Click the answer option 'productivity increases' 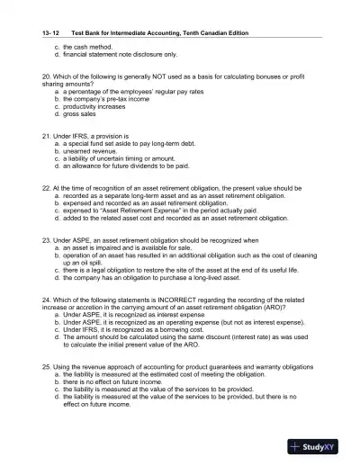tap(95, 107)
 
